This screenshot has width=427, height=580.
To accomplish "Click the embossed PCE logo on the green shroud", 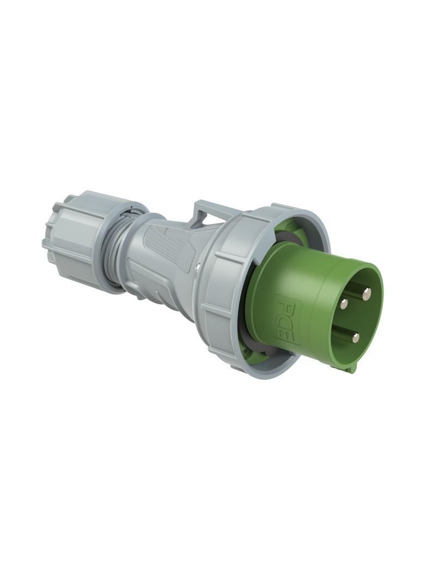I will [x=284, y=319].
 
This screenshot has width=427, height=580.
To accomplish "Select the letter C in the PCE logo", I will [x=285, y=319].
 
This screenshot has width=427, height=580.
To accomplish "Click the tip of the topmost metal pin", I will [x=367, y=294].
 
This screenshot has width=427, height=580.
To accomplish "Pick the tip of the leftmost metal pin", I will [x=344, y=304].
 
